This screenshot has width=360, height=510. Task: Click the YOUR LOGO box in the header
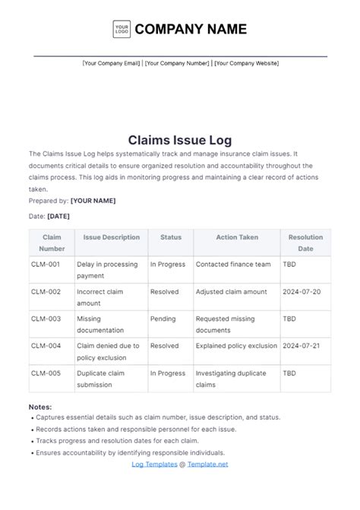121,30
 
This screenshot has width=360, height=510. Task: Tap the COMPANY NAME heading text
191,30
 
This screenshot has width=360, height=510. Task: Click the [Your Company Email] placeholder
111,63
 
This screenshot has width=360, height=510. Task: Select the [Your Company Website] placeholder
246,63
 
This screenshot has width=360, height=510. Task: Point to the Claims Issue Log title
180,140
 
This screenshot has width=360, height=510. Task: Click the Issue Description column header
112,237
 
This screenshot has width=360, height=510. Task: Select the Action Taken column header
237,237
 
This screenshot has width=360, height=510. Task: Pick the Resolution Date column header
305,242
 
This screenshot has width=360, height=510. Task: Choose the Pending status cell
163,318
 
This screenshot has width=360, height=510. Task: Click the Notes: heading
40,407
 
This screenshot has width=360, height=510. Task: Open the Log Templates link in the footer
155,464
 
